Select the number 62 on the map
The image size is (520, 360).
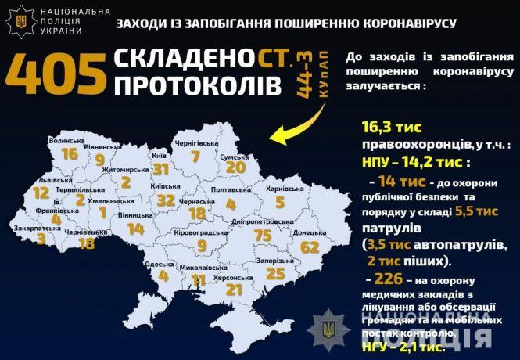pyautogui.click(x=310, y=248)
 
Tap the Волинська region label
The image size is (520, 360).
pyautogui.click(x=67, y=141)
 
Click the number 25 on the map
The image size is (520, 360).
pyautogui.click(x=274, y=273)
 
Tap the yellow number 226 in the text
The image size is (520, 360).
pyautogui.click(x=389, y=279)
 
